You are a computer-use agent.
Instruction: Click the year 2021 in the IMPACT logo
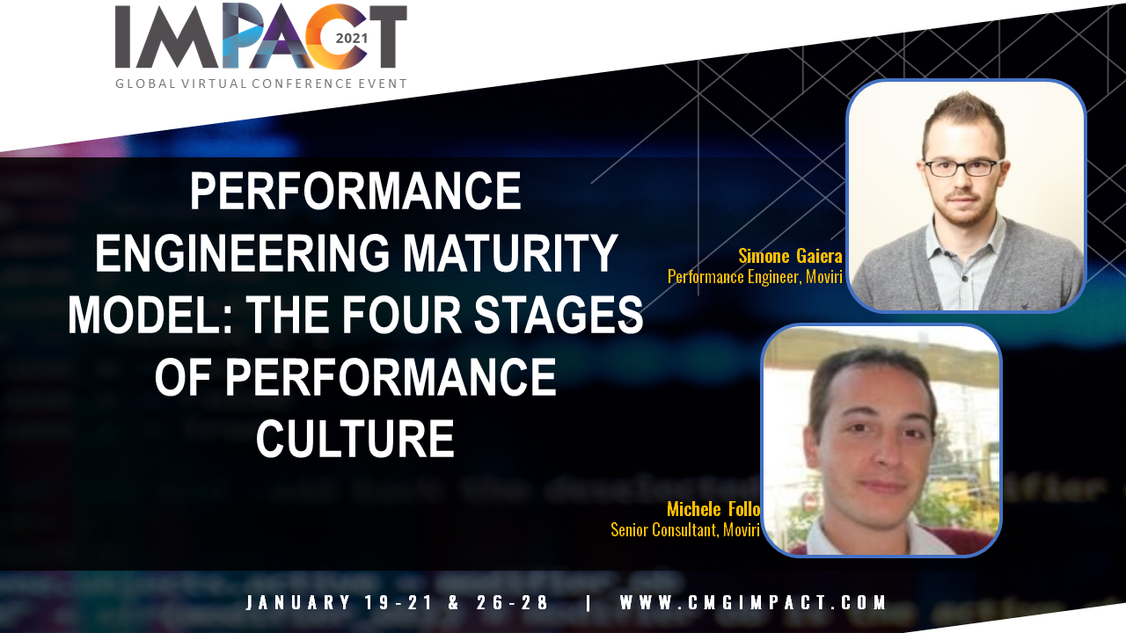(x=351, y=38)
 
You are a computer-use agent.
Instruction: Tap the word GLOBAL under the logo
(x=143, y=84)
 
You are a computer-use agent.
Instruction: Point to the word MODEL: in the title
(x=150, y=315)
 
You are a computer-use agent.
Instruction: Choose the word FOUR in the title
(x=401, y=315)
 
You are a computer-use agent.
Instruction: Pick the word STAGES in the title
(x=559, y=315)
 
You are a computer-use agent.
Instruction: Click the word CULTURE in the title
(x=355, y=438)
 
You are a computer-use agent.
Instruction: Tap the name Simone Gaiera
(x=790, y=256)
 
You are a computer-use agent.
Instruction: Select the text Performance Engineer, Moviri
(x=755, y=277)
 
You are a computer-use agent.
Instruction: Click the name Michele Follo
(x=713, y=509)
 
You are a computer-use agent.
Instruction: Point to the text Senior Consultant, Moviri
(x=685, y=530)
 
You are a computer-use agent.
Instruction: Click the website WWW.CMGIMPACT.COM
(x=753, y=602)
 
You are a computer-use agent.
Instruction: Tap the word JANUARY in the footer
(x=297, y=602)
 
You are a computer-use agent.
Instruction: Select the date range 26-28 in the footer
(x=512, y=602)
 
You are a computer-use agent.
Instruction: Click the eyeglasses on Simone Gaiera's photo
(x=961, y=167)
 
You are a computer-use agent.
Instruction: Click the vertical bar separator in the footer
(x=589, y=602)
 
